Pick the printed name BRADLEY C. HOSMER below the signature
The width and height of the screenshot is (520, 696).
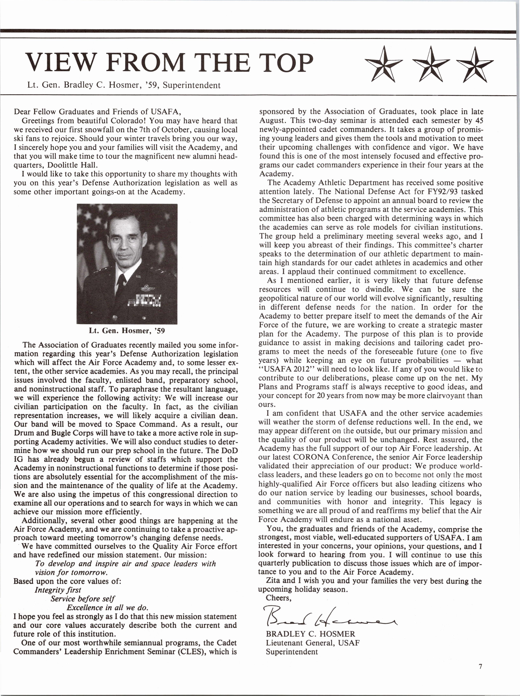(x=311, y=634)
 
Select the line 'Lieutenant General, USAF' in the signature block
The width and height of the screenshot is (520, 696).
(x=312, y=642)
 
